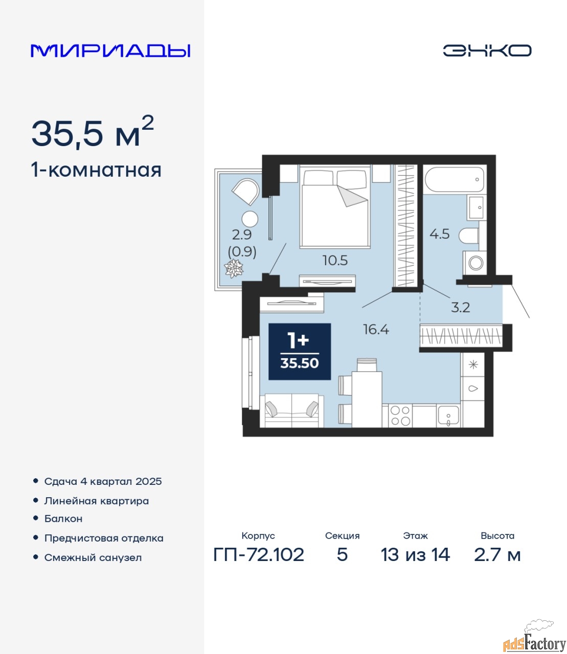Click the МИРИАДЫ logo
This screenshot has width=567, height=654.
pyautogui.click(x=110, y=51)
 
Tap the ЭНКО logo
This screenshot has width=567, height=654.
pyautogui.click(x=487, y=51)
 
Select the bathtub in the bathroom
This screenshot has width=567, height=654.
pyautogui.click(x=455, y=179)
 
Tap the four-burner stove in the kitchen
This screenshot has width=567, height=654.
pyautogui.click(x=400, y=416)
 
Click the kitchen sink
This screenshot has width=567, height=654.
pyautogui.click(x=448, y=416)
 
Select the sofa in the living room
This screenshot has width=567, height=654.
pyautogui.click(x=291, y=410)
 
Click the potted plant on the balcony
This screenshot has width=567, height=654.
pyautogui.click(x=234, y=268)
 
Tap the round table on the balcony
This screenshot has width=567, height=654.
pyautogui.click(x=250, y=219)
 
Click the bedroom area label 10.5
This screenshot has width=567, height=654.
pyautogui.click(x=335, y=261)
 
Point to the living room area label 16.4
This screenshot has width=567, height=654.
pyautogui.click(x=376, y=330)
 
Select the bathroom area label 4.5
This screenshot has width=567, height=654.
pyautogui.click(x=439, y=234)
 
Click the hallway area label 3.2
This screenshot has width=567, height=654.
pyautogui.click(x=460, y=307)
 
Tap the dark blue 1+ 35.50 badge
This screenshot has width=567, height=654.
pyautogui.click(x=300, y=352)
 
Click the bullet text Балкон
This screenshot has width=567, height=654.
pyautogui.click(x=63, y=519)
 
